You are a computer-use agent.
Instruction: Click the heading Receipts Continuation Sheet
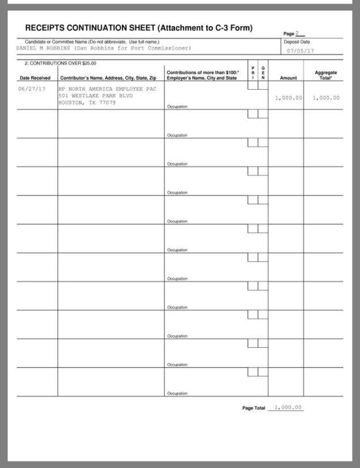point(139,28)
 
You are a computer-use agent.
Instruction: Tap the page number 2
point(297,33)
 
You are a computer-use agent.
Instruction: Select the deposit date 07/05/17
point(300,51)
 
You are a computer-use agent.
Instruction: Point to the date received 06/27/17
point(32,89)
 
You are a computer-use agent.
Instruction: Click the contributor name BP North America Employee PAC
point(107,89)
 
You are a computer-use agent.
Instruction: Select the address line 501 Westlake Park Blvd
point(95,96)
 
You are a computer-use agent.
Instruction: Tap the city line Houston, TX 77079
point(87,103)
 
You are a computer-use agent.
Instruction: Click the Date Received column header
point(34,78)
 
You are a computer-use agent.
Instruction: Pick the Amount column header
point(288,78)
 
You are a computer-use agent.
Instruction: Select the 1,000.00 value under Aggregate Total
point(326,98)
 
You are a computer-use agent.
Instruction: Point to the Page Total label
point(254,408)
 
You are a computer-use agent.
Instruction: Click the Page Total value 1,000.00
point(288,407)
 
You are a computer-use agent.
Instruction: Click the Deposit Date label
point(297,42)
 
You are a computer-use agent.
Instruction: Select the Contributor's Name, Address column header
point(108,78)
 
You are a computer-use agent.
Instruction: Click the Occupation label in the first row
point(177,106)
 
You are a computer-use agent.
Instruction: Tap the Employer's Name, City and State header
point(201,78)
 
